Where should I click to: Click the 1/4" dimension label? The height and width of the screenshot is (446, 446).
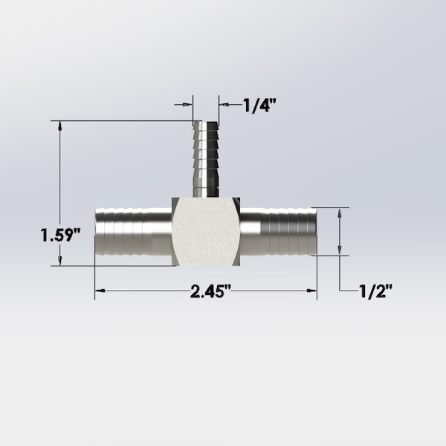pyautogui.click(x=260, y=105)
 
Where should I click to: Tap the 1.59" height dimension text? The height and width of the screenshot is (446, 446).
pyautogui.click(x=60, y=236)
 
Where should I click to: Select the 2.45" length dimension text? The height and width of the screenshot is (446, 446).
pyautogui.click(x=211, y=291)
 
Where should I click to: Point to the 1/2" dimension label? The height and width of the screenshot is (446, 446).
pyautogui.click(x=375, y=291)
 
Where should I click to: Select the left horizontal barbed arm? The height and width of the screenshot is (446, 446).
pyautogui.click(x=134, y=233)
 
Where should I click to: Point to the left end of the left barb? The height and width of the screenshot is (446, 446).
pyautogui.click(x=96, y=234)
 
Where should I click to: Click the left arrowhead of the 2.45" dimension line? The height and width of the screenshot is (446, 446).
pyautogui.click(x=99, y=291)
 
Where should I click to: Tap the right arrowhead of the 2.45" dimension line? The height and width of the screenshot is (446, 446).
pyautogui.click(x=312, y=291)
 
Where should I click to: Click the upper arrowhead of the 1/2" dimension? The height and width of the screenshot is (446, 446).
pyautogui.click(x=340, y=213)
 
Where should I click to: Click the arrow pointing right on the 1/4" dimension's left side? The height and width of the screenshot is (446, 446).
pyautogui.click(x=188, y=105)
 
